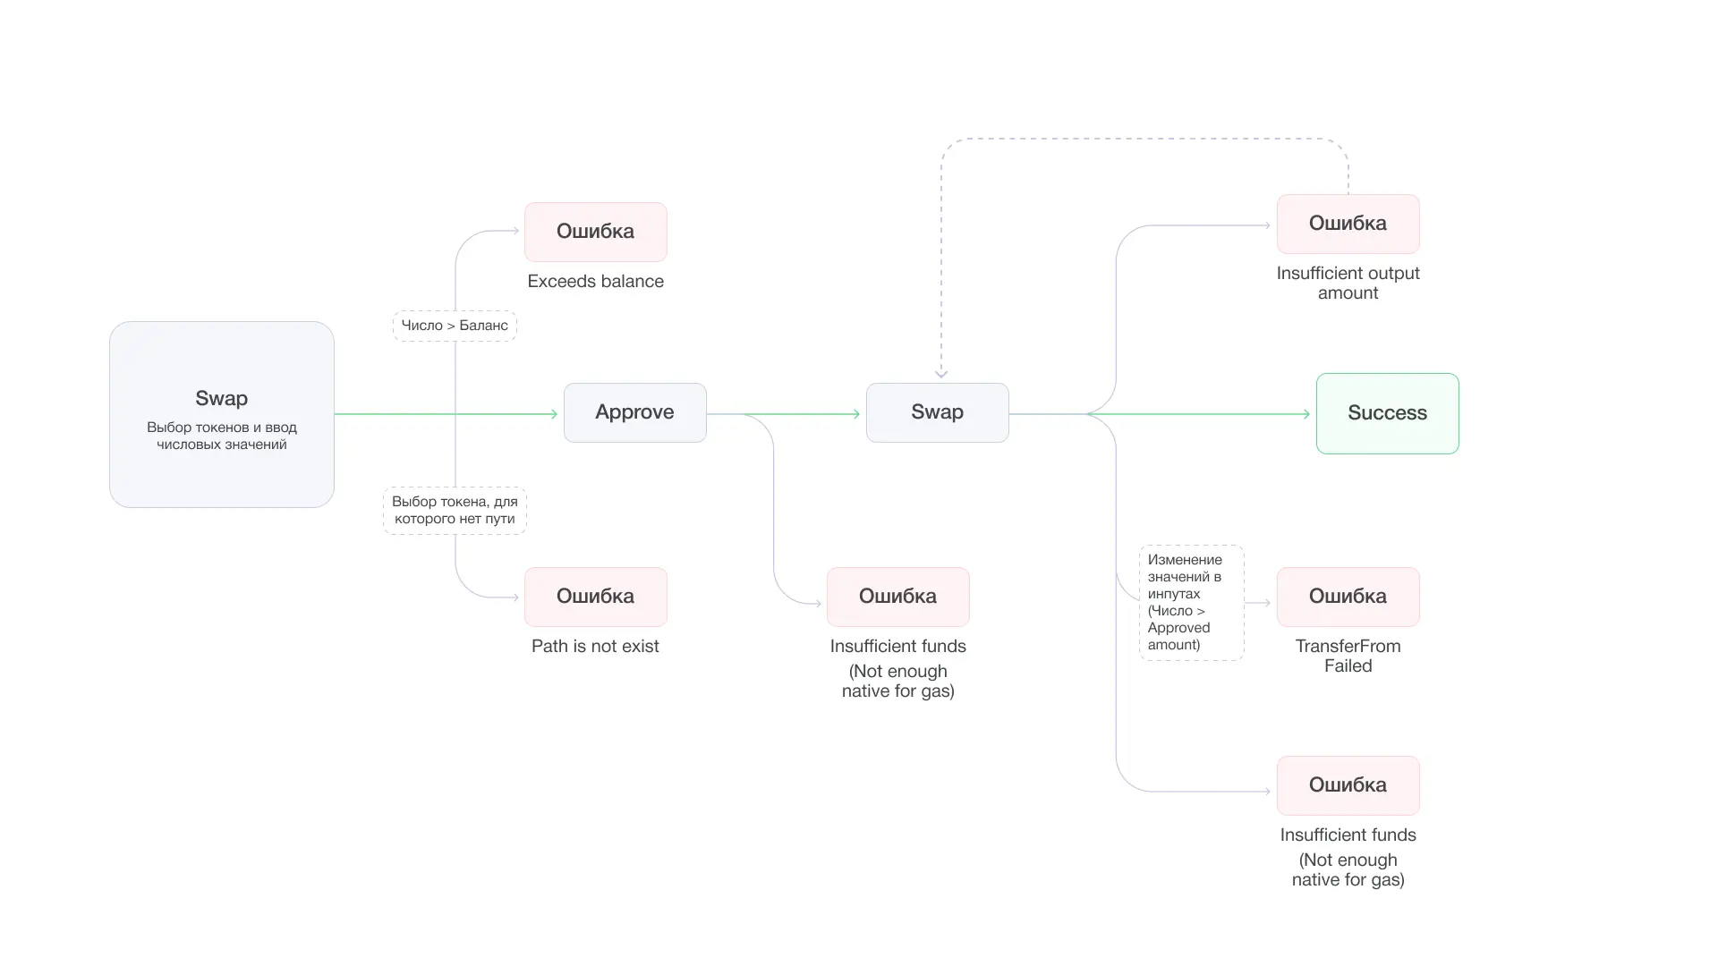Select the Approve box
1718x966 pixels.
pyautogui.click(x=634, y=412)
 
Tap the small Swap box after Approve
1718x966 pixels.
pyautogui.click(x=937, y=412)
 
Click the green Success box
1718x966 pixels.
pyautogui.click(x=1387, y=413)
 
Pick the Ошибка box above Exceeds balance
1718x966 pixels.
pyautogui.click(x=595, y=232)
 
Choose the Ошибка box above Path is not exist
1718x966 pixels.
pyautogui.click(x=595, y=597)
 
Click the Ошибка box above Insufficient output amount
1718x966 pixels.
pyautogui.click(x=1348, y=224)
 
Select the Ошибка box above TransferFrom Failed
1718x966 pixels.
pyautogui.click(x=1348, y=597)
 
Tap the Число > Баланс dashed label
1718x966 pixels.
pyautogui.click(x=455, y=326)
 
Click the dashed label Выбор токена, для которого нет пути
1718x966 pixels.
pyautogui.click(x=455, y=511)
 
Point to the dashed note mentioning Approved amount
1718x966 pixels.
pyautogui.click(x=1191, y=603)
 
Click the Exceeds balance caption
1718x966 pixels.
pyautogui.click(x=595, y=282)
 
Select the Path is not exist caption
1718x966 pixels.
pyautogui.click(x=595, y=647)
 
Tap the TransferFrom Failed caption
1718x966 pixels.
pyautogui.click(x=1348, y=656)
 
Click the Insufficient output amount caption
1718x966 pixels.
pyautogui.click(x=1348, y=283)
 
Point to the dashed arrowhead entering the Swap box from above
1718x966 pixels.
pyautogui.click(x=941, y=373)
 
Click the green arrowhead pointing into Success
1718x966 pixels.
pyautogui.click(x=1306, y=414)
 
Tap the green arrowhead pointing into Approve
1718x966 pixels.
pyautogui.click(x=554, y=414)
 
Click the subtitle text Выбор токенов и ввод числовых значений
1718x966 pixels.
pyautogui.click(x=221, y=436)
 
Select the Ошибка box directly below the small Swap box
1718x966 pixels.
pyautogui.click(x=897, y=597)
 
